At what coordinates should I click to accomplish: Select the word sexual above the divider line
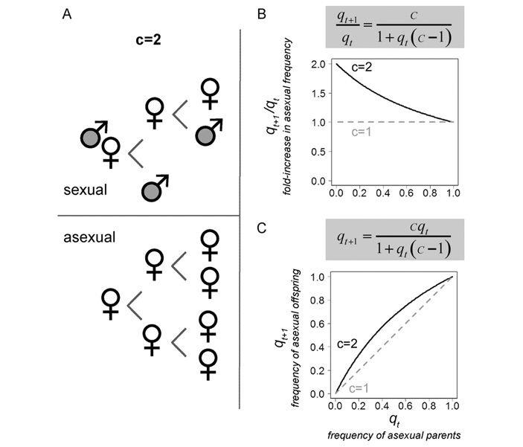click(x=85, y=190)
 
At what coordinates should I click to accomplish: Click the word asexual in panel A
click(x=89, y=239)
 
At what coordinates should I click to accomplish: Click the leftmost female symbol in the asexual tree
click(x=110, y=303)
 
